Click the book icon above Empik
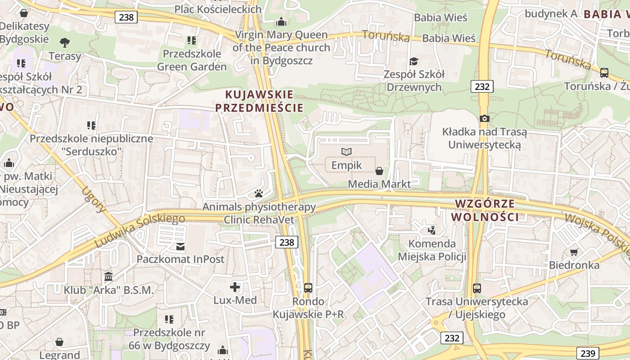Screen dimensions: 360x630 [346, 152]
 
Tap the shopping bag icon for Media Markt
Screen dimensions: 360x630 [379, 171]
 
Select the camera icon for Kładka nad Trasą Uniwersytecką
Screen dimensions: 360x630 [484, 118]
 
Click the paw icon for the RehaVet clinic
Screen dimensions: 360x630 [259, 194]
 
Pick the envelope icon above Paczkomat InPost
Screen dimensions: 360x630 [180, 246]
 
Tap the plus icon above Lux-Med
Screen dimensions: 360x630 [235, 287]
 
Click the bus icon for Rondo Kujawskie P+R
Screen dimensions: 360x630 [308, 288]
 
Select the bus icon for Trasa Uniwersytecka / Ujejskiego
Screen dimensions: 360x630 [477, 288]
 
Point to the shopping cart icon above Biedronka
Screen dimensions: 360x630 [574, 252]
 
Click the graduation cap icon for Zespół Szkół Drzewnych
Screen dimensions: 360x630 [413, 62]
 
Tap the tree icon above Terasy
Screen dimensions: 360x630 [65, 43]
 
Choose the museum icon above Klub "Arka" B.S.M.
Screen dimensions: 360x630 [108, 276]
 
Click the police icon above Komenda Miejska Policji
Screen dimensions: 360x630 [432, 230]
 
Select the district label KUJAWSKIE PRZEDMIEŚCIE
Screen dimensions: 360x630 [259, 101]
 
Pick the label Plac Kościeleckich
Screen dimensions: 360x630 [218, 9]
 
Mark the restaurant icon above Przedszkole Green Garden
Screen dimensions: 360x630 [192, 40]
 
